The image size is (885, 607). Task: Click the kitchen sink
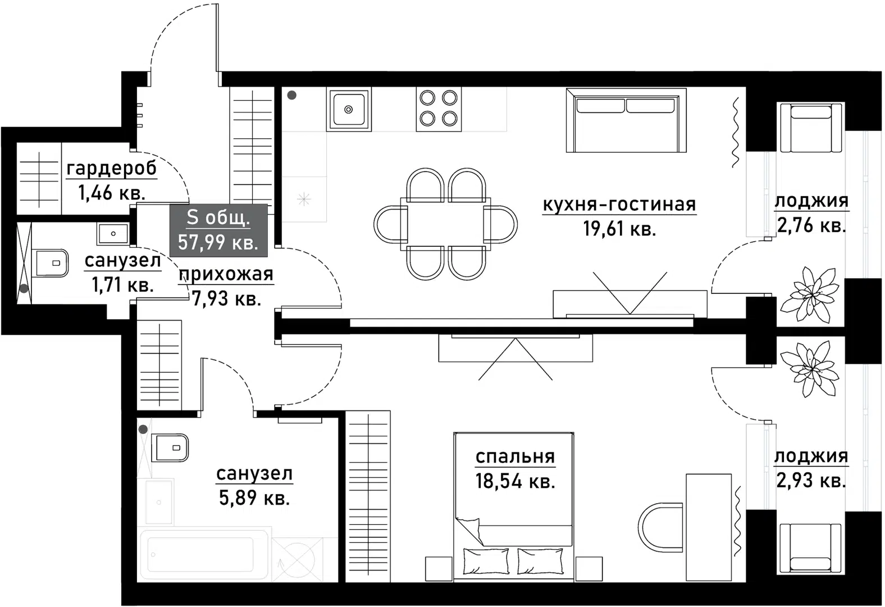(348, 109)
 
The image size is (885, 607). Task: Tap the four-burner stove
(439, 109)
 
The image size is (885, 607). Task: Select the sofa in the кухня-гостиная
(626, 120)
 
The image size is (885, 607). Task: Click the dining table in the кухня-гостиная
(445, 223)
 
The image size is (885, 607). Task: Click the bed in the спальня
(514, 506)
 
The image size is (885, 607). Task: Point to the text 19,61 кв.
(619, 229)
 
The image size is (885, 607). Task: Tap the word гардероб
(112, 169)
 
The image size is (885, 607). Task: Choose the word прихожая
(226, 275)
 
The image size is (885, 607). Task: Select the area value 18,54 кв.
(515, 482)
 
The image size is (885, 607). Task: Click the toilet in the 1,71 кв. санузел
(52, 263)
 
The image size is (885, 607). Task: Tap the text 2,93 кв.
(810, 481)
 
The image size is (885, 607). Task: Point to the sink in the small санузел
(113, 234)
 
